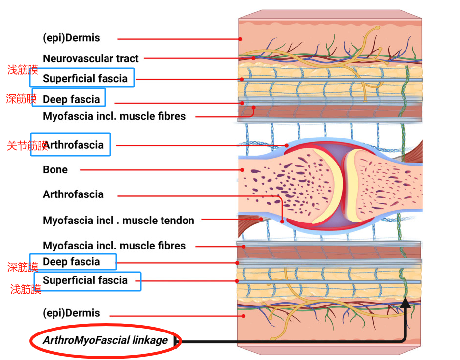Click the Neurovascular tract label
(90, 58)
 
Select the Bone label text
(55, 170)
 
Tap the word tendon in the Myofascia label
(178, 220)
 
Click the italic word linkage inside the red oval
(150, 340)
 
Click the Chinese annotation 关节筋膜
(24, 145)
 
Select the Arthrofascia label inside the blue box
(73, 145)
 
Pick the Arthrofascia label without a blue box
(73, 194)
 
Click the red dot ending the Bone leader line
(242, 170)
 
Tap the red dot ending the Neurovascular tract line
(254, 58)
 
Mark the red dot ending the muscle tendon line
(262, 219)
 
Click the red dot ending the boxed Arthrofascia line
(287, 145)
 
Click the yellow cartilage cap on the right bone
(349, 186)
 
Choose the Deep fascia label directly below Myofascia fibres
(71, 262)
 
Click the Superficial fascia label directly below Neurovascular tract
(85, 78)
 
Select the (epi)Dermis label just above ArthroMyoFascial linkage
(71, 313)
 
